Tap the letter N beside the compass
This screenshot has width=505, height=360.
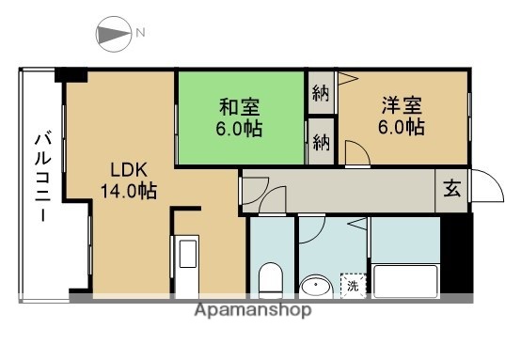[140, 34]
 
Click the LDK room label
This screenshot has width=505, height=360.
[128, 170]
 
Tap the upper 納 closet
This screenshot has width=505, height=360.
[321, 93]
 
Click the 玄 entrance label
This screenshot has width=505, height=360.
[452, 188]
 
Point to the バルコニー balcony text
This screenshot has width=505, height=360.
[42, 178]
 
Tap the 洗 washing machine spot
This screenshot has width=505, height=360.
[352, 283]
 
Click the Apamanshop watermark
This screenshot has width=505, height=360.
[253, 310]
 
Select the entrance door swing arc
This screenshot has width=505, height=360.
[483, 186]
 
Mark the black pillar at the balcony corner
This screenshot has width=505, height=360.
[71, 75]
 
